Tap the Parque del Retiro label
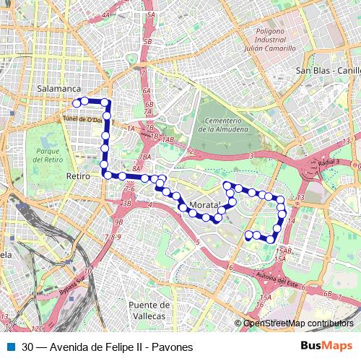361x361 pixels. (x=48, y=155)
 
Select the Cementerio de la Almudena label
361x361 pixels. (x=221, y=125)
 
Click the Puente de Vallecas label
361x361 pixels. (x=148, y=310)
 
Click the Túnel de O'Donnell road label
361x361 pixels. (x=84, y=119)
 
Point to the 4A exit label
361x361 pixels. (x=106, y=14)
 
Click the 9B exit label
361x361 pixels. (x=118, y=222)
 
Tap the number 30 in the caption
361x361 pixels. (x=27, y=347)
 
